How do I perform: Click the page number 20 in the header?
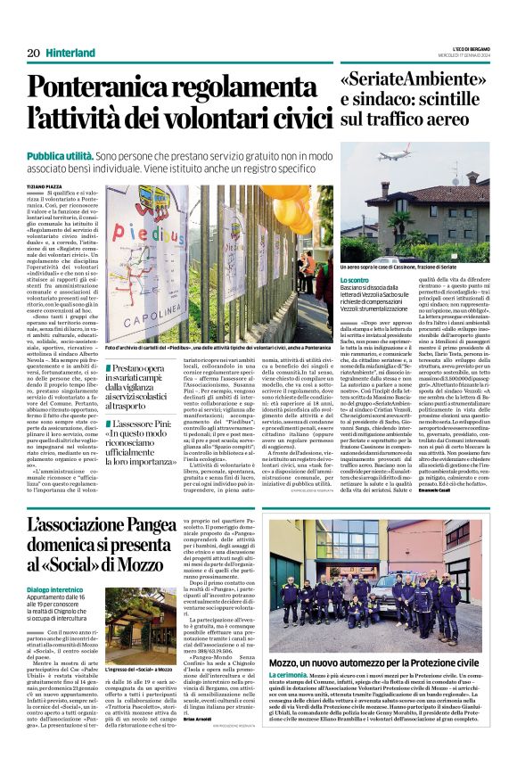[33, 53]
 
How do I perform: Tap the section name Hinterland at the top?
[69, 53]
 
